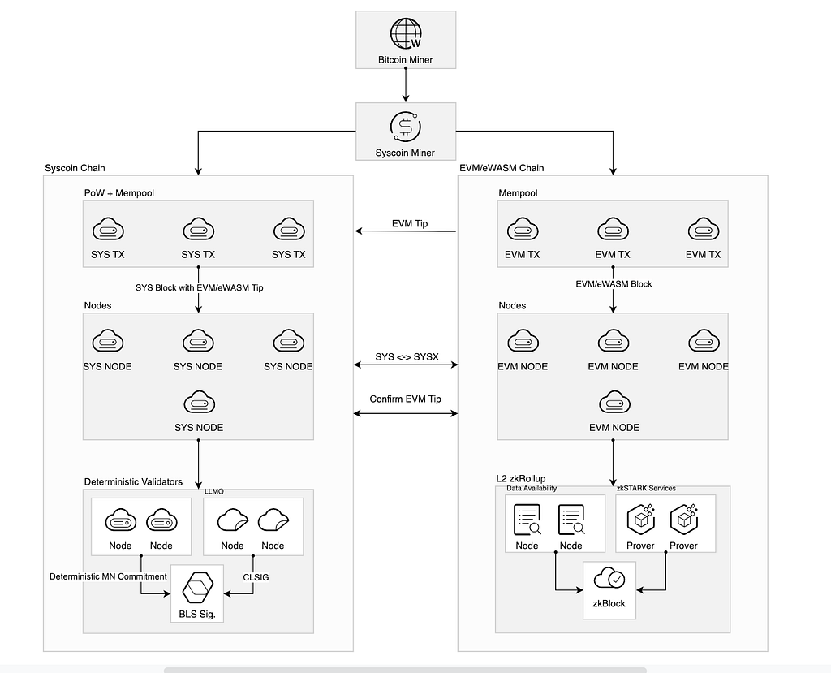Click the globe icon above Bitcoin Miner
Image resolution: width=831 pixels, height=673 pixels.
click(406, 33)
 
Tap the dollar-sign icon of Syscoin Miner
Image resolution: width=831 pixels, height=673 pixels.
click(406, 126)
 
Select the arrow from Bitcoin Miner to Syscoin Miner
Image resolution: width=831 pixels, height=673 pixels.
click(406, 85)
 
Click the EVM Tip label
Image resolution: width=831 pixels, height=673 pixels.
click(410, 223)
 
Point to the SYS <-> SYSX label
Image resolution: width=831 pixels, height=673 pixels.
click(407, 357)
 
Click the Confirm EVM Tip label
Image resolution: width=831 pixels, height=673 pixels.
click(406, 399)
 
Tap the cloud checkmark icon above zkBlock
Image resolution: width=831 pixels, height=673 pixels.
click(609, 579)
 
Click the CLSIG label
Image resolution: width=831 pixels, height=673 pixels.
click(256, 577)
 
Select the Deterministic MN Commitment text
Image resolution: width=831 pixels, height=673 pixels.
click(108, 576)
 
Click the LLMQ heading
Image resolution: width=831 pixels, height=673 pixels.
click(214, 491)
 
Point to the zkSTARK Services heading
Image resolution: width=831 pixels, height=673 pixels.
click(646, 488)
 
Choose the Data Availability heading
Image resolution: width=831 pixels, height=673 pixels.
click(532, 488)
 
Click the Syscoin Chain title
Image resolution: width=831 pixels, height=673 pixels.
click(75, 168)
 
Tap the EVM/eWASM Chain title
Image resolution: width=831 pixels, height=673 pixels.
click(502, 168)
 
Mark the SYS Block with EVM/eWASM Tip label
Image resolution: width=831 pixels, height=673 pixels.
click(200, 287)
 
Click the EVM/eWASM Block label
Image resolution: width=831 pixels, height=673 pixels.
click(614, 283)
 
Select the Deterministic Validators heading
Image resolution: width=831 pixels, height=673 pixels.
click(133, 481)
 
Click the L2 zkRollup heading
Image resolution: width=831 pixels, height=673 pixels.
click(521, 478)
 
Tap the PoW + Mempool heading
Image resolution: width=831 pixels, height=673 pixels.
click(118, 193)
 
